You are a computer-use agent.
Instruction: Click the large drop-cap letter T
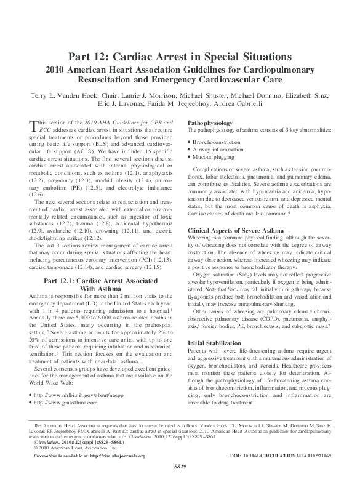[34, 127]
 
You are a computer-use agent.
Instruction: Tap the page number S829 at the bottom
[180, 475]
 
